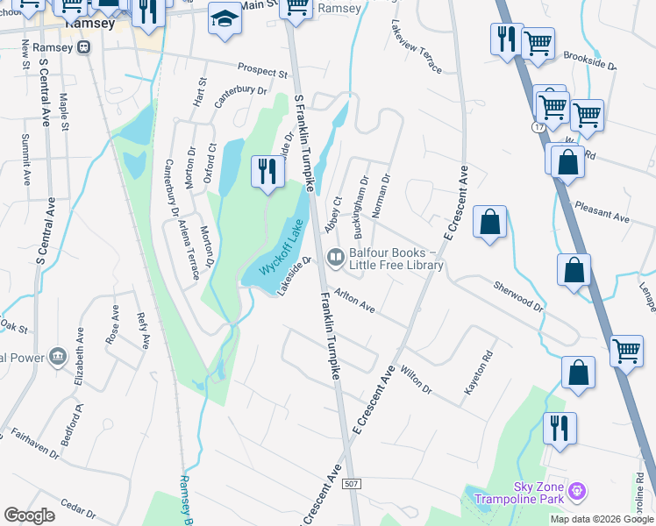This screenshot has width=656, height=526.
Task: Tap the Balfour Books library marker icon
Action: [335, 258]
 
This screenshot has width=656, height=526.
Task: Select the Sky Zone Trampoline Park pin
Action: [576, 490]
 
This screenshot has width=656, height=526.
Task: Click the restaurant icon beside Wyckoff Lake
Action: [267, 171]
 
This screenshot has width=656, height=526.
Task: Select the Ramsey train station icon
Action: [84, 47]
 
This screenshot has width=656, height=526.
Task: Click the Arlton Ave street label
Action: [355, 303]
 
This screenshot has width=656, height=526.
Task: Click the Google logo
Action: [29, 515]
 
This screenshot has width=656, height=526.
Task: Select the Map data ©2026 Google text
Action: [601, 519]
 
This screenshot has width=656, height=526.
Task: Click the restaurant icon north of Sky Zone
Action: [559, 428]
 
